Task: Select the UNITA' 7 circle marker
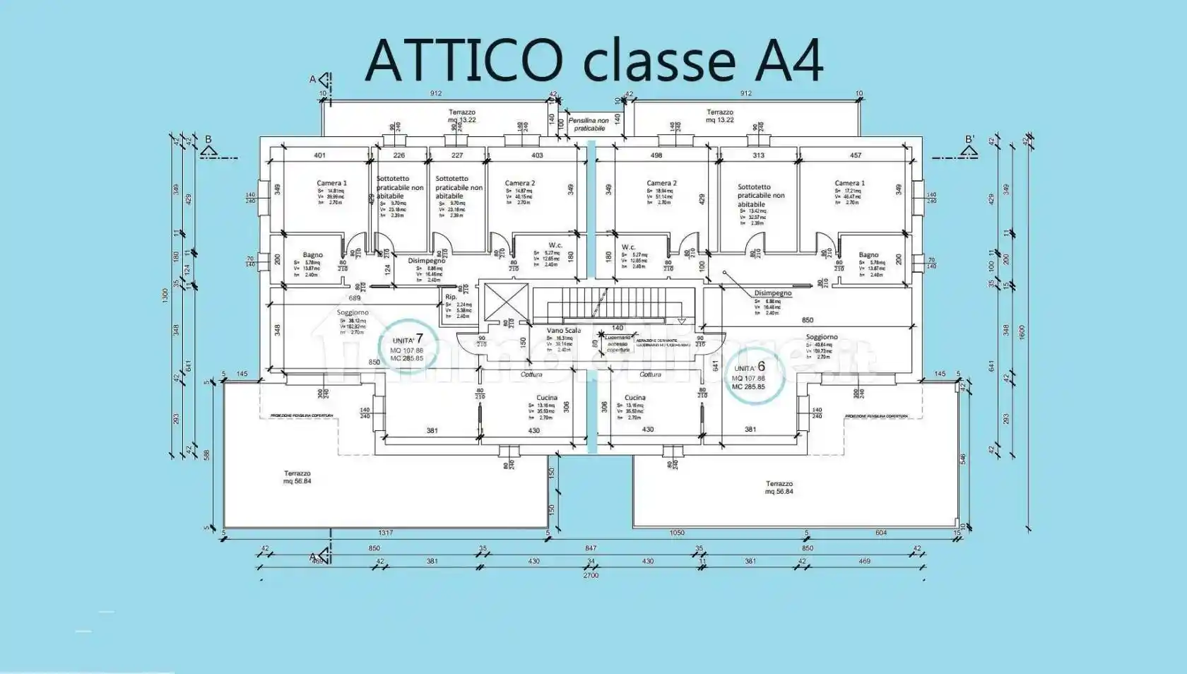408,347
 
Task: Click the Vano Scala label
564,331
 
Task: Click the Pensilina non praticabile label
589,124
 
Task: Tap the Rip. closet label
451,297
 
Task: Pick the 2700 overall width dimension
591,575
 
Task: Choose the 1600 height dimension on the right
1022,332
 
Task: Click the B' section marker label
969,140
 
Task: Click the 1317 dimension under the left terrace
385,533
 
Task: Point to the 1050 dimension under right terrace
676,533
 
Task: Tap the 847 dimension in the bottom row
591,548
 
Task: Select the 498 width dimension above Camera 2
656,155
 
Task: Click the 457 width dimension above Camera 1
855,155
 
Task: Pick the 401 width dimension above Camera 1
319,155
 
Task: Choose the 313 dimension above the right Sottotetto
758,155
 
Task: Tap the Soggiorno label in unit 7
353,312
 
